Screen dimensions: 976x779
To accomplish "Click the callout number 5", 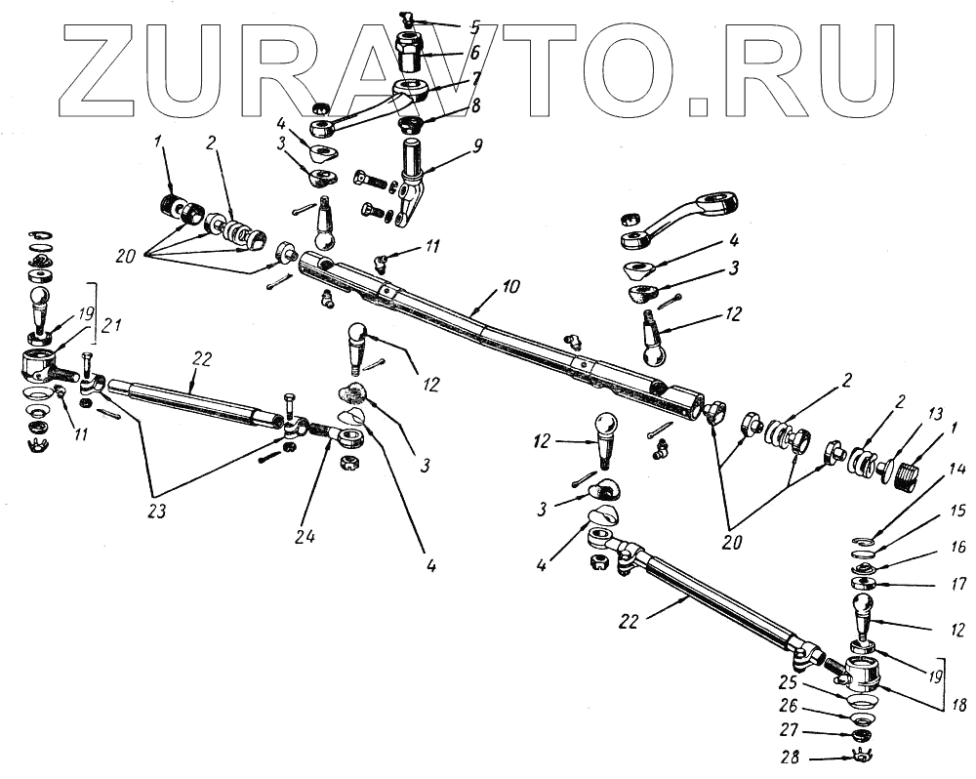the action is (x=447, y=26).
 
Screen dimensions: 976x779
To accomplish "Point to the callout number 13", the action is (x=907, y=412).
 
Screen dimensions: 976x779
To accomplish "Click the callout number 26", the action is (x=789, y=705).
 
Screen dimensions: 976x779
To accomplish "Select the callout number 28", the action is (x=789, y=758).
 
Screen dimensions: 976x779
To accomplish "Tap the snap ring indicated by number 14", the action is (x=860, y=540).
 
